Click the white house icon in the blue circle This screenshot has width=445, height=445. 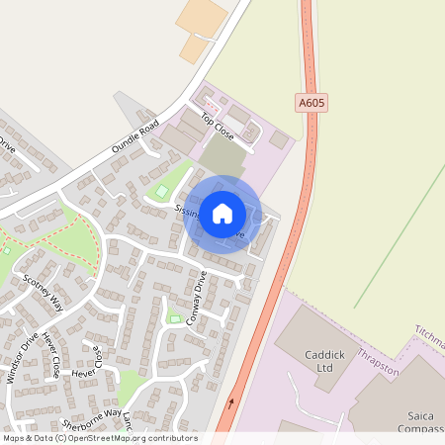click(222, 214)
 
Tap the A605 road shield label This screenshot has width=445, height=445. click(310, 101)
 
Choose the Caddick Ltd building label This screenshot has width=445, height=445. click(318, 362)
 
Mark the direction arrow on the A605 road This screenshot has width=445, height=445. click(232, 402)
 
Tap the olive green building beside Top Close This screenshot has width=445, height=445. click(223, 155)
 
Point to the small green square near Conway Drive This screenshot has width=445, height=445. click(175, 317)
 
